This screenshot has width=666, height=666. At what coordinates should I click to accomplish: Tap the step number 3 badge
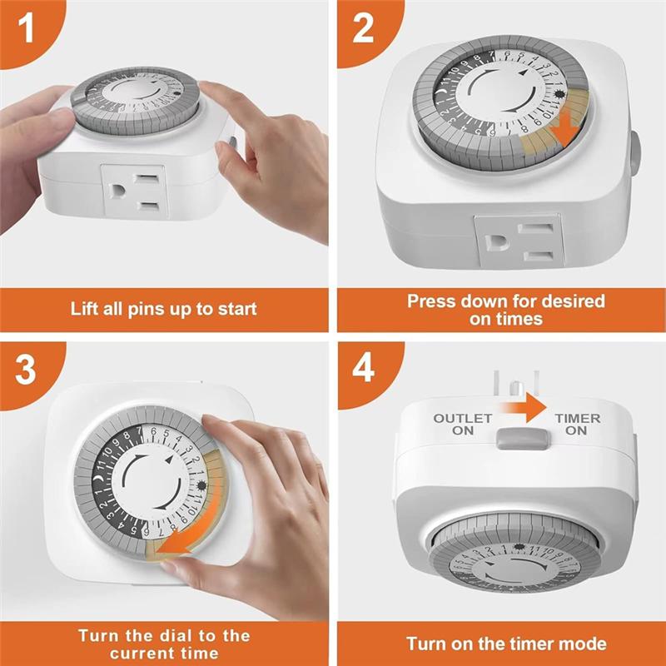click(25, 369)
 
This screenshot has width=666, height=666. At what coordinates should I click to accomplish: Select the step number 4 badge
click(363, 369)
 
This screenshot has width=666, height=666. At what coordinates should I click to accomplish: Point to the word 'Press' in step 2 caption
click(430, 301)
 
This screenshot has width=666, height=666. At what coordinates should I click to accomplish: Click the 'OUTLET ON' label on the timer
click(463, 425)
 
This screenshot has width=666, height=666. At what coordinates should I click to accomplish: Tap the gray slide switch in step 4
click(519, 439)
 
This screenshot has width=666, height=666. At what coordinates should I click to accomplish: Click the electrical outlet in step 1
click(135, 190)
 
